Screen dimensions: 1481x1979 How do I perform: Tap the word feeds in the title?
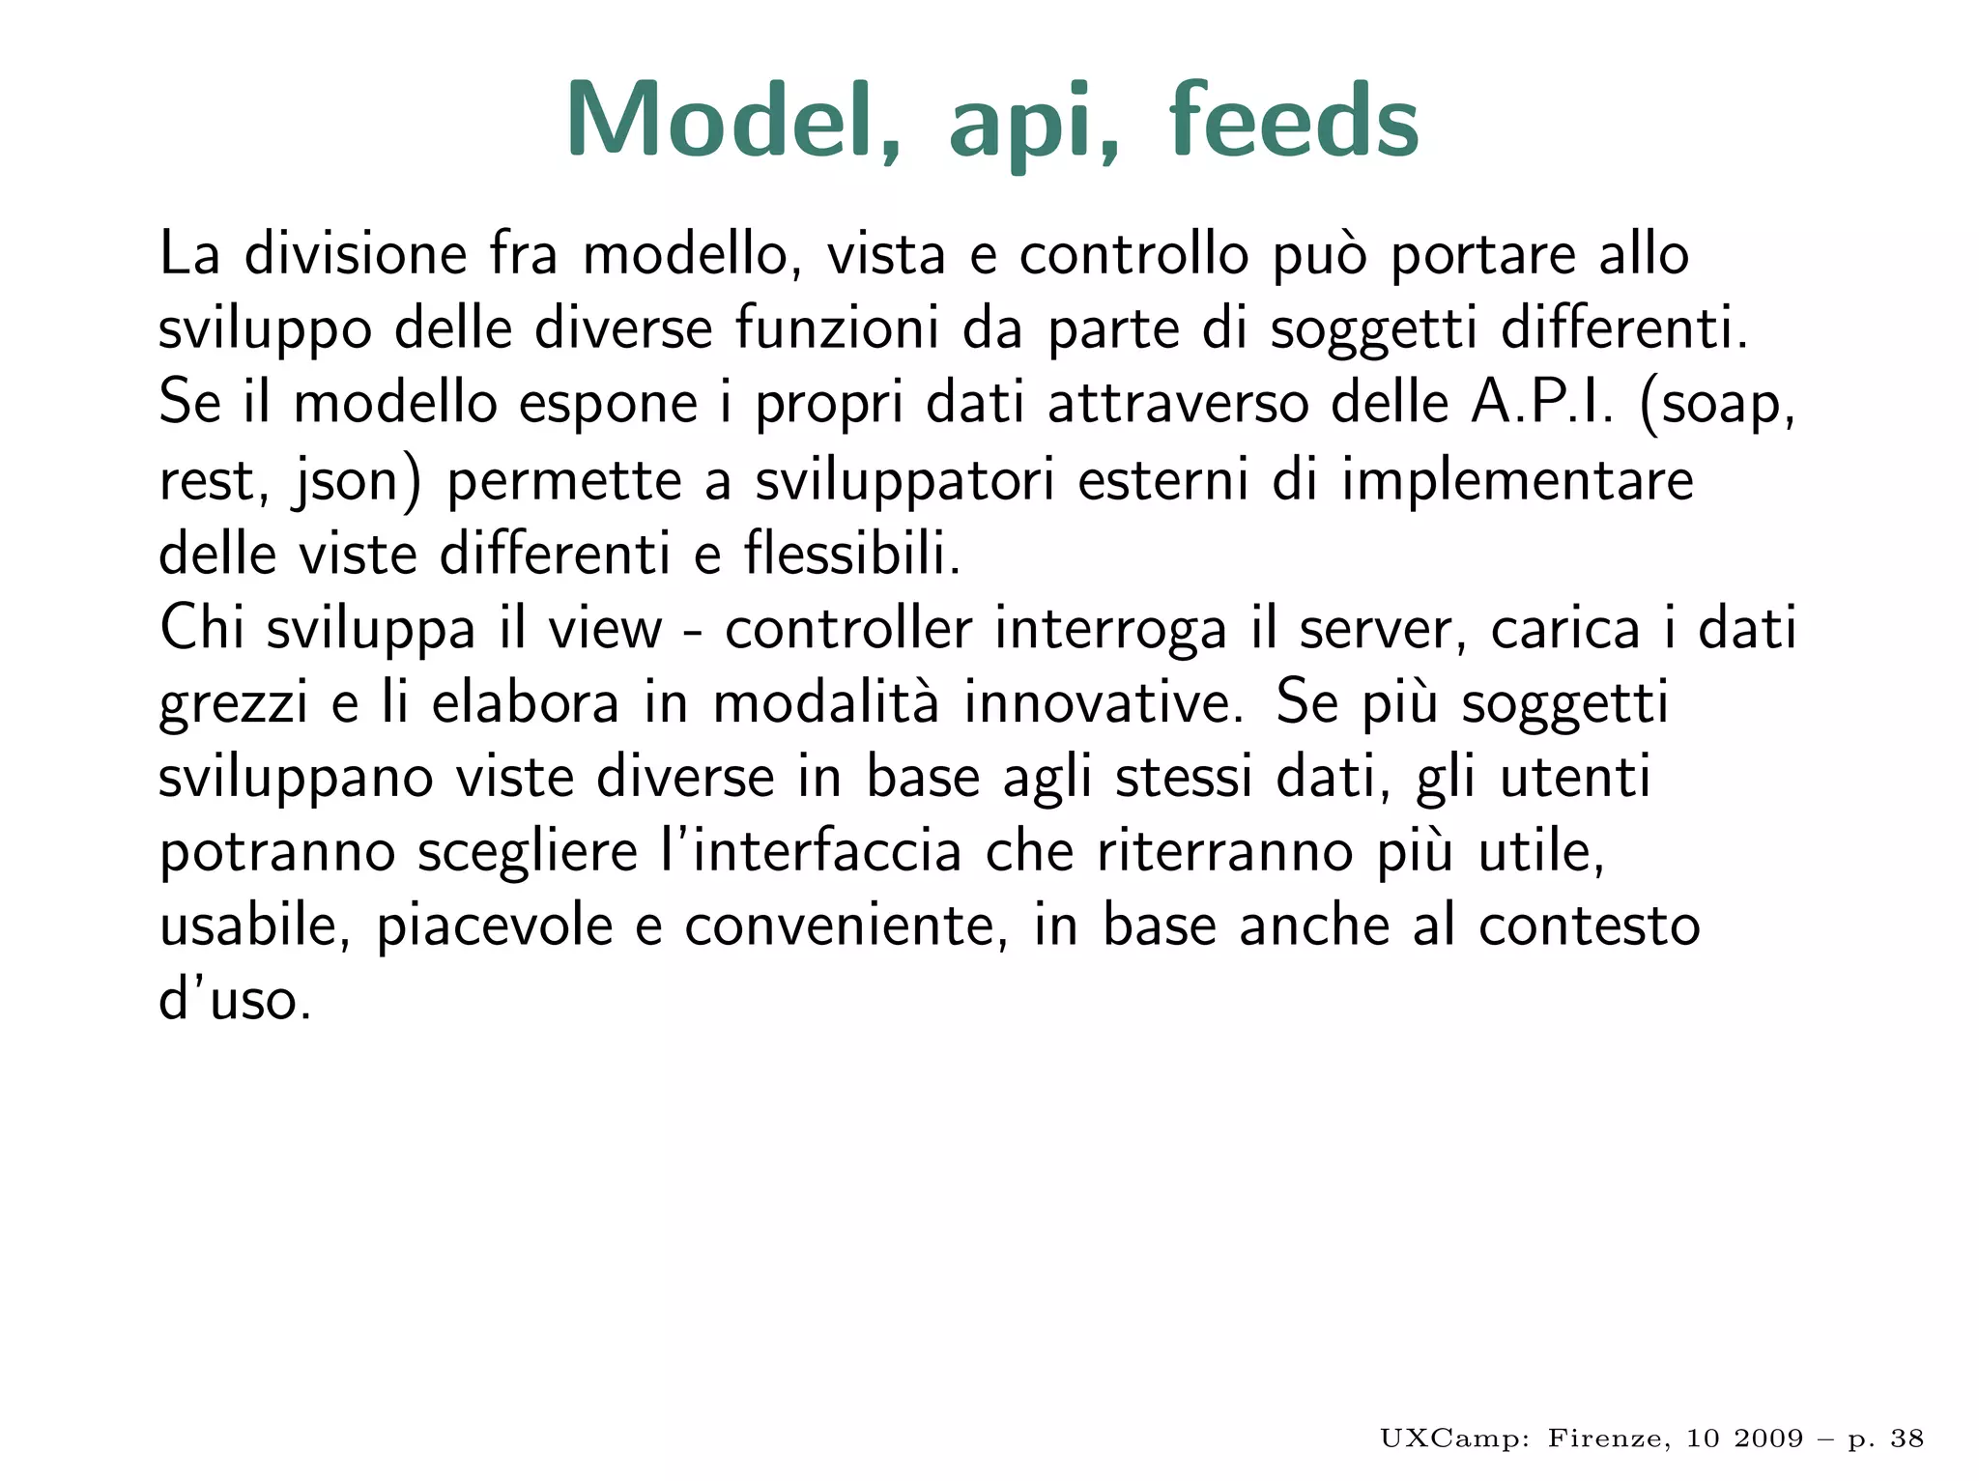click(x=1294, y=120)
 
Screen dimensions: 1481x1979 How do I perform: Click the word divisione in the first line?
click(x=356, y=254)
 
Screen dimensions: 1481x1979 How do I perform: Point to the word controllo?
click(x=1133, y=254)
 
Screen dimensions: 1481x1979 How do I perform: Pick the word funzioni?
click(x=837, y=328)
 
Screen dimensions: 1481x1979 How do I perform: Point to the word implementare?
click(x=1517, y=482)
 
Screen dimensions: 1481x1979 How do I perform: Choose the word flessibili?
click(x=852, y=555)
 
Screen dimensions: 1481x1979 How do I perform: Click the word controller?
click(x=848, y=629)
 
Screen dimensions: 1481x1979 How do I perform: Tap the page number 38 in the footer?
click(x=1907, y=1438)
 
